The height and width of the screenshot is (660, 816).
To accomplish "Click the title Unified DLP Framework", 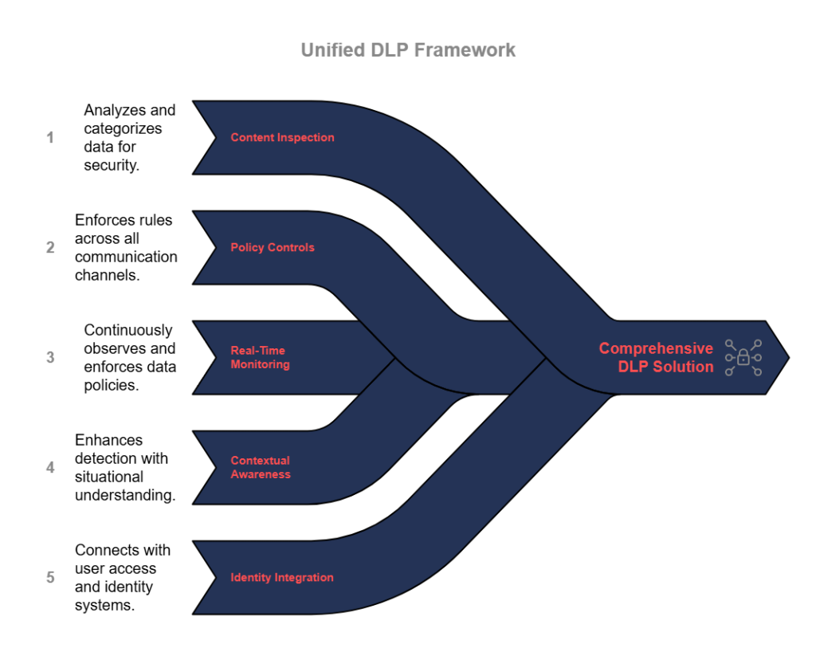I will point(408,50).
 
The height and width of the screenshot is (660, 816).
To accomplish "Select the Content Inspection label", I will point(282,137).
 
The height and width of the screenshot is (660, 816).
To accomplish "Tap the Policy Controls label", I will point(273,247).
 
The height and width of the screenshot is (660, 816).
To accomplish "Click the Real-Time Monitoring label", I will point(260,357).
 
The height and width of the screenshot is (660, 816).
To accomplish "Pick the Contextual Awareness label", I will point(261,467).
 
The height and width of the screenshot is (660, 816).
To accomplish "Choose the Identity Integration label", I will point(282,577).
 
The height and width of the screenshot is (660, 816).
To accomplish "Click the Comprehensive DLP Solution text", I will point(656,357).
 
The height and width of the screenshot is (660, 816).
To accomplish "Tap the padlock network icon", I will point(743,357).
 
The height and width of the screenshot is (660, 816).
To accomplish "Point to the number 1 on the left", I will point(50,137).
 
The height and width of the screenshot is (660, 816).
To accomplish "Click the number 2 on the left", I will point(50,247).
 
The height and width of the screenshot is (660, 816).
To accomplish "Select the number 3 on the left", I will point(50,357).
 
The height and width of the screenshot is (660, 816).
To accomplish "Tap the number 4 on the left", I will point(50,467).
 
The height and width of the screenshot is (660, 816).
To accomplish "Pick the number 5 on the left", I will point(50,577).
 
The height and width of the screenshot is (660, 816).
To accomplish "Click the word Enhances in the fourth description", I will point(109,440).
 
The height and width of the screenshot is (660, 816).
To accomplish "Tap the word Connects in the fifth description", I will point(108,550).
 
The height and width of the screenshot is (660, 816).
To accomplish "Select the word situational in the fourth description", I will point(109,477).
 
